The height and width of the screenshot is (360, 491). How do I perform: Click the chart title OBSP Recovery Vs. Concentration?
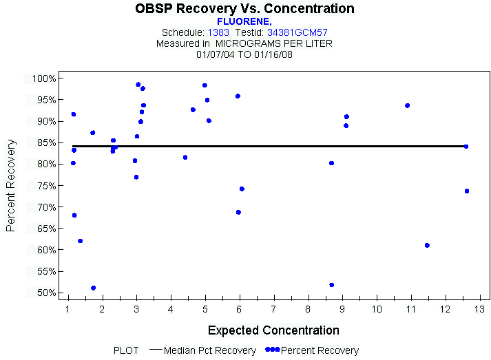tap(245, 9)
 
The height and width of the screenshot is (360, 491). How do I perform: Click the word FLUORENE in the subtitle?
tap(244, 21)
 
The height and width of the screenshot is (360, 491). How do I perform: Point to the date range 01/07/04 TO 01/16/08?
tap(244, 54)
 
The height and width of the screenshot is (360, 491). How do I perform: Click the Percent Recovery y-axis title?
tap(11, 185)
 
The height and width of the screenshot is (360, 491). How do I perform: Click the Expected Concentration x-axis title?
tap(273, 330)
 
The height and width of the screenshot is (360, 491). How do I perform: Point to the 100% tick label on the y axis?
tap(43, 78)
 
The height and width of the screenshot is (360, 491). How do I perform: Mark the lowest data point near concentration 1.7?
tap(93, 288)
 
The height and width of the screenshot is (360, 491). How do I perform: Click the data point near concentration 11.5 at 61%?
tap(427, 245)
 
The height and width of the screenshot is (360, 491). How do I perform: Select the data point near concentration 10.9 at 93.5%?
tap(407, 105)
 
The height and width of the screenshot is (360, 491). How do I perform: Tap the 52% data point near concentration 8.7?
tap(332, 284)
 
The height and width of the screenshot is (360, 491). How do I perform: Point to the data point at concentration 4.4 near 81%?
tap(185, 158)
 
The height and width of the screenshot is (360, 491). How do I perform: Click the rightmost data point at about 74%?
tap(467, 191)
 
